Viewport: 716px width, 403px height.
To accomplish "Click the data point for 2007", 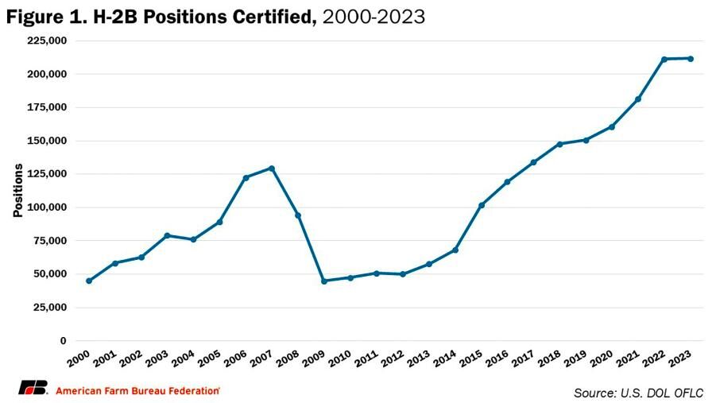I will pos(272,169).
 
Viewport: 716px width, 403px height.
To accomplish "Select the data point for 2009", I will pos(324,281).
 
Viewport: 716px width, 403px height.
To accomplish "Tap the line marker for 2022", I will pos(664,59).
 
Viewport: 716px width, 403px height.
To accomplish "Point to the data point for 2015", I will pos(482,205).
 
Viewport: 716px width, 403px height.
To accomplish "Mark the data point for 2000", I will pos(89,281).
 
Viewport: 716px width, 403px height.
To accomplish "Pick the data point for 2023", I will pos(691,58).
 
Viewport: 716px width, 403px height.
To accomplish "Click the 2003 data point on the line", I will pos(168,235).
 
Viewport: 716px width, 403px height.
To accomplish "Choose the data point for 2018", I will pos(559,144).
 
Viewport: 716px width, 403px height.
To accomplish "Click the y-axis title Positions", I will pos(17,191).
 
